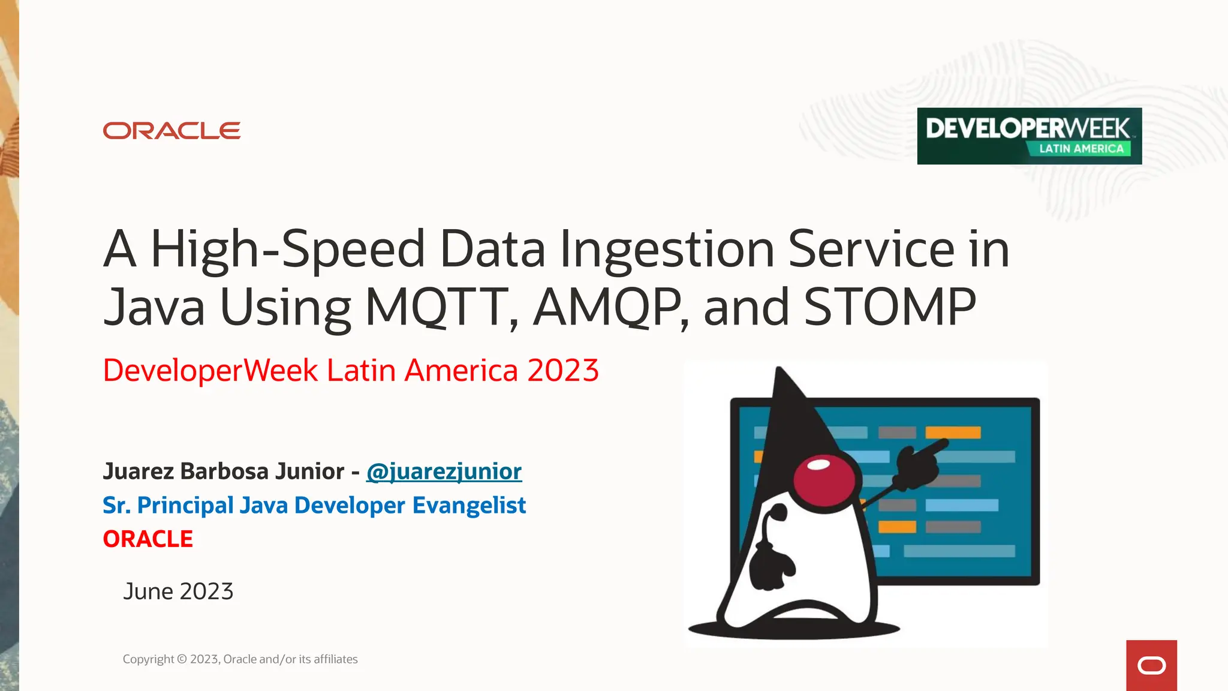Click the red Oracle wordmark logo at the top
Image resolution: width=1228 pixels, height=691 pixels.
tap(171, 131)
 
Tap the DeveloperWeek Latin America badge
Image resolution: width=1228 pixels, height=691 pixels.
tap(1029, 136)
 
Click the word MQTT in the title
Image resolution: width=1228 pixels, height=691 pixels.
tap(437, 307)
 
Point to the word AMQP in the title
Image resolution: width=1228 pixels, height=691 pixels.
tap(607, 307)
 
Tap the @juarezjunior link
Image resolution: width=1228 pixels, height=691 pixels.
tap(444, 471)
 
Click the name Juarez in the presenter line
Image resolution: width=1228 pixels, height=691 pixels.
tap(139, 471)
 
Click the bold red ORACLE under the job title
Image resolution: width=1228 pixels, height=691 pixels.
tap(148, 539)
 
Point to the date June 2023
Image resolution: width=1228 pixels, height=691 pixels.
tap(178, 591)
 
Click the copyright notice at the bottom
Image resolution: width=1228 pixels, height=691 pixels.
tap(240, 659)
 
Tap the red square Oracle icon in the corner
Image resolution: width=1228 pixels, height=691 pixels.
tap(1151, 665)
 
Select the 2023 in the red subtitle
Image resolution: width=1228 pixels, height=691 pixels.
tap(562, 371)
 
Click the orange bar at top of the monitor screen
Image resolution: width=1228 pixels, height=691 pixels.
tap(953, 432)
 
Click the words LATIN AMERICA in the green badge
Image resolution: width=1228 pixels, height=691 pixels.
tap(1081, 149)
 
